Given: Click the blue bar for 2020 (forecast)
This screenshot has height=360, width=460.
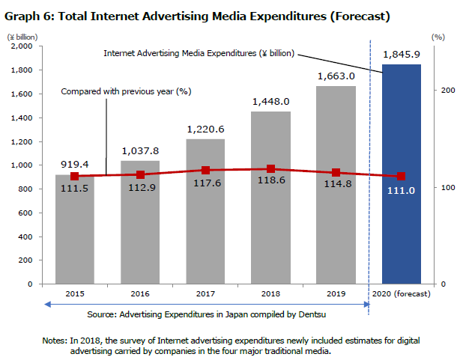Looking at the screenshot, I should click(401, 225).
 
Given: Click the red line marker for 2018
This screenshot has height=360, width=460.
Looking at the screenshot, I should click(270, 169).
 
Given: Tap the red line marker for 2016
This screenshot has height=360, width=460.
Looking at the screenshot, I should click(140, 174).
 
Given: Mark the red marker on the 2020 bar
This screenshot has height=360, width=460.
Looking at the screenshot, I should click(401, 176).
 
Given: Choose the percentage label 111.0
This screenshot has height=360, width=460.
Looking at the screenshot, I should click(401, 192).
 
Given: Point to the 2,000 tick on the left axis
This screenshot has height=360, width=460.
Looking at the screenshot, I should click(25, 46).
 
